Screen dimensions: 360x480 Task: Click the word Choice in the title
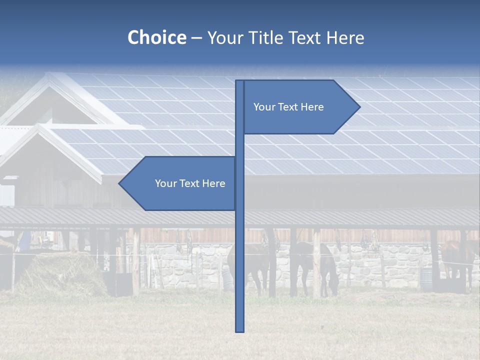(156, 38)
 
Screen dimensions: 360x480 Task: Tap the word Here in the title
(345, 38)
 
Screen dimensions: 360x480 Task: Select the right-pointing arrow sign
(300, 107)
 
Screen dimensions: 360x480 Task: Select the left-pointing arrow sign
(180, 183)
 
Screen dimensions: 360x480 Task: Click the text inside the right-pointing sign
(288, 107)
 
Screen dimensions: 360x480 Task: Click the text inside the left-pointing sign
(190, 183)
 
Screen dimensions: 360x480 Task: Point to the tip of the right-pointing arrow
(359, 107)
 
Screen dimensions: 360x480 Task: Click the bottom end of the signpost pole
(240, 330)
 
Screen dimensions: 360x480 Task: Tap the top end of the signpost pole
(240, 81)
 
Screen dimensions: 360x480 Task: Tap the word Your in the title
(223, 38)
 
